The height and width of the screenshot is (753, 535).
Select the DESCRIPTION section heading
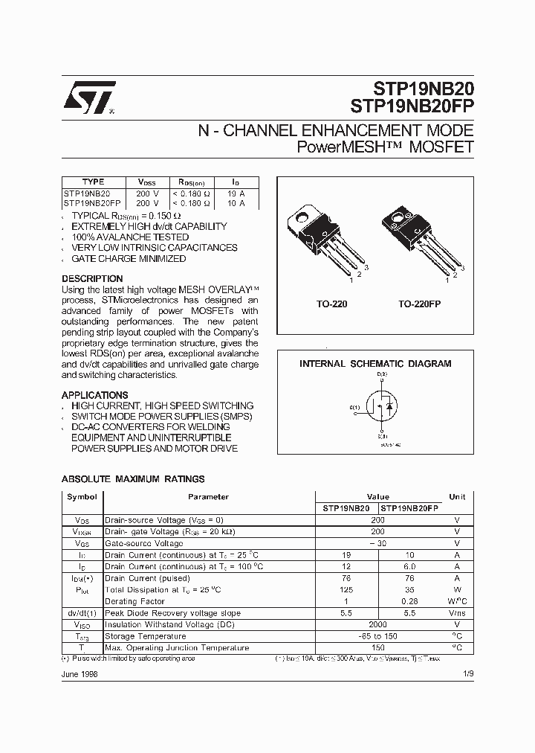(92, 279)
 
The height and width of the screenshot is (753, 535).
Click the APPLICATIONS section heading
(94, 395)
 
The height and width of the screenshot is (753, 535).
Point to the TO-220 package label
(331, 304)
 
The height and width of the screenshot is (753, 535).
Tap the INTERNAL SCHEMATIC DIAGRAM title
(375, 364)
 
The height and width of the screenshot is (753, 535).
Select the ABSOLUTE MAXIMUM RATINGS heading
(132, 479)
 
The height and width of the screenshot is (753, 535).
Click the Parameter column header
(208, 497)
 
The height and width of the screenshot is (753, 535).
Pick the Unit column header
(457, 497)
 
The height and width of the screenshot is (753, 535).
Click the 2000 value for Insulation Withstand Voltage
(378, 624)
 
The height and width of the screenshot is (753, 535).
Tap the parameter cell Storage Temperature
(145, 636)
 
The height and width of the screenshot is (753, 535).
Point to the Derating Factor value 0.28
(409, 601)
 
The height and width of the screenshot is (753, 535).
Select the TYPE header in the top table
(93, 182)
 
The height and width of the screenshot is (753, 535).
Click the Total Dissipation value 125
(346, 590)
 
